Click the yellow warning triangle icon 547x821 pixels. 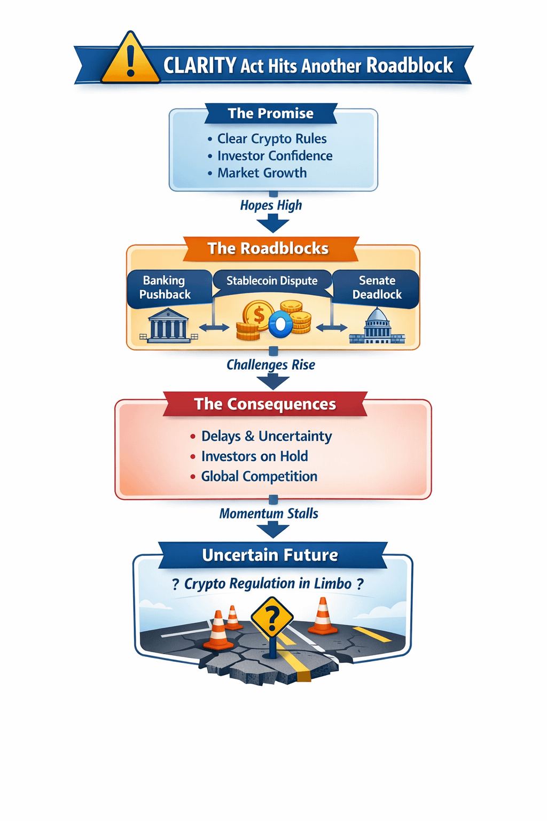(x=130, y=60)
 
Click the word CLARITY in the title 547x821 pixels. (x=199, y=66)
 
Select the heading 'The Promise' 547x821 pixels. (x=271, y=113)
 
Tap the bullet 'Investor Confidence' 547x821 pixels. (x=275, y=156)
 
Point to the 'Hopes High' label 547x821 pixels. (x=271, y=205)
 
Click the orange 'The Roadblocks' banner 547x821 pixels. (x=268, y=249)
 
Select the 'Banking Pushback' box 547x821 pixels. (x=165, y=288)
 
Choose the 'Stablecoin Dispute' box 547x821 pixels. (x=272, y=281)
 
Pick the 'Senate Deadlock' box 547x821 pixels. (x=377, y=288)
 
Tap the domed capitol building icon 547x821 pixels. (x=377, y=326)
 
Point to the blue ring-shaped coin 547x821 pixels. (x=280, y=324)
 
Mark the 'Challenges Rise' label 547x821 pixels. (x=271, y=365)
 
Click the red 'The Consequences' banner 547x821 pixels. (x=265, y=404)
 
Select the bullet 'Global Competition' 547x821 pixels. (x=259, y=476)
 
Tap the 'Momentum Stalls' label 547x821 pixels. (x=269, y=514)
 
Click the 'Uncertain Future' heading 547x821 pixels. (x=270, y=555)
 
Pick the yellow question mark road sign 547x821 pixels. (x=272, y=618)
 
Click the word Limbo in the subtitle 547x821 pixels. (x=333, y=584)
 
